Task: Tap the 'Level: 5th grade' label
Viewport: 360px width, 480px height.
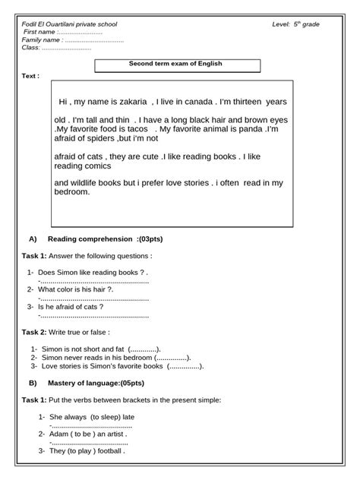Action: click(295, 24)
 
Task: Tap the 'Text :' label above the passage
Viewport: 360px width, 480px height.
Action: click(30, 76)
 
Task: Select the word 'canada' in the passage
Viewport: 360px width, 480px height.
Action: click(195, 102)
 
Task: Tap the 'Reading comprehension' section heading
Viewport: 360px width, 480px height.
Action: click(95, 238)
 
